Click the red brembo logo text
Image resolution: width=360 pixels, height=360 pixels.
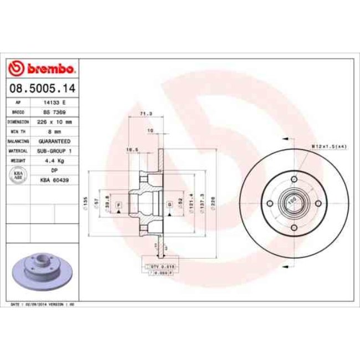tap(43, 69)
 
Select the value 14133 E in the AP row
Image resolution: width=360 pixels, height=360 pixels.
tap(54, 102)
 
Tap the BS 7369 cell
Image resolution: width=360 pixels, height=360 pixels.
tap(54, 112)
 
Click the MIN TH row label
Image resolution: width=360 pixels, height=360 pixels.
tap(18, 131)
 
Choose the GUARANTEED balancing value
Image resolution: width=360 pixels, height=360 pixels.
tap(54, 141)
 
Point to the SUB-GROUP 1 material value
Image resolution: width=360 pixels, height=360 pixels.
tap(54, 151)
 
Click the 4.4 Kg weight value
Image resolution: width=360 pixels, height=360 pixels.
tap(54, 161)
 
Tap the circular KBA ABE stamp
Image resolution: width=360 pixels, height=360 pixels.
tap(18, 175)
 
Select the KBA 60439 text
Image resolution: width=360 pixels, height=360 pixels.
tap(54, 180)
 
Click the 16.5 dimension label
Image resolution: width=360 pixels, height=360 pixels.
tap(131, 150)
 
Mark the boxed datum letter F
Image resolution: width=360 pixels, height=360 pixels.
tap(118, 205)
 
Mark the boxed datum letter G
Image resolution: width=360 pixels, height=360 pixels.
tap(168, 205)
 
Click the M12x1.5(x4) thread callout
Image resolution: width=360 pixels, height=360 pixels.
tap(329, 146)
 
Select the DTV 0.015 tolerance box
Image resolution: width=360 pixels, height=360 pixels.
tap(162, 266)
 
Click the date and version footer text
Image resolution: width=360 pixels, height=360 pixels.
tap(43, 305)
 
